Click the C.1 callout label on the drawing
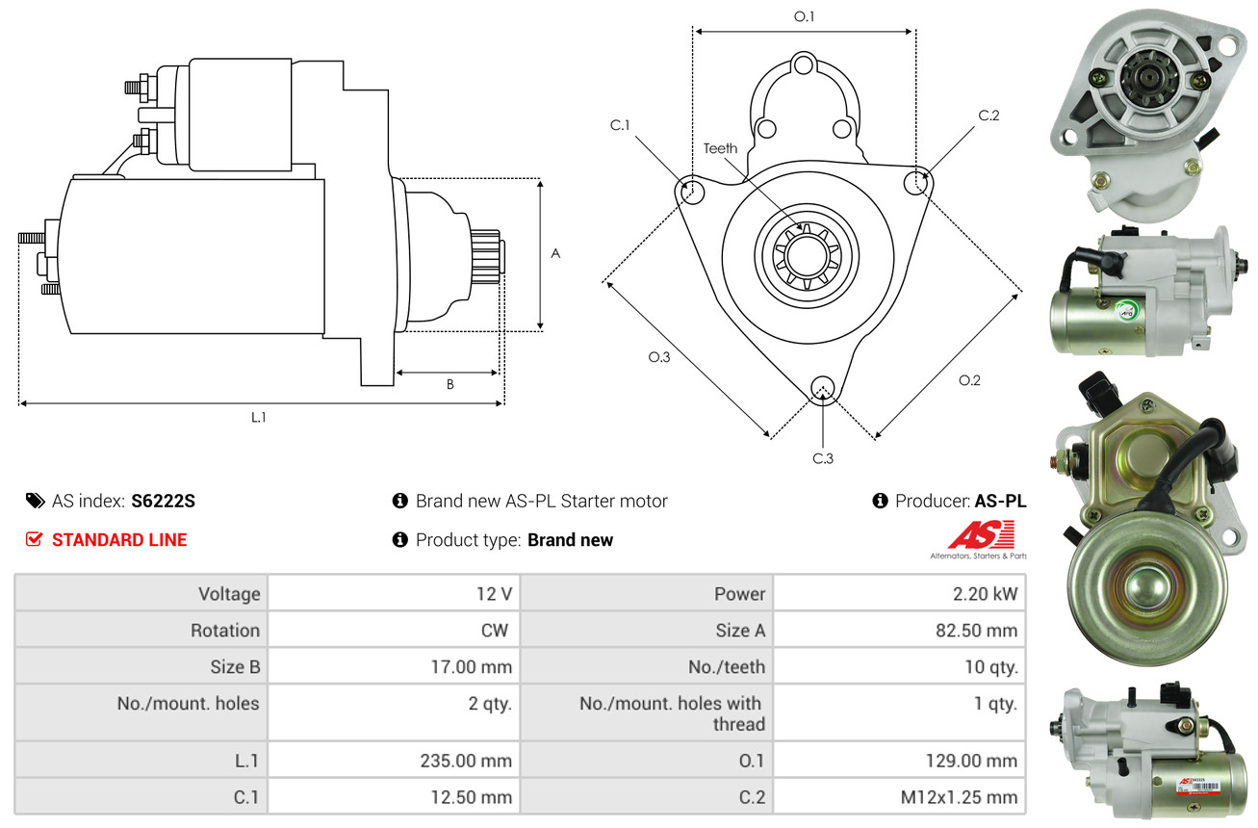(619, 125)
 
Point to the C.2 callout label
(988, 116)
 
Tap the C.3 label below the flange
(822, 458)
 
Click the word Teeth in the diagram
(720, 148)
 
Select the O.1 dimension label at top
(804, 16)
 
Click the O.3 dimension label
(658, 357)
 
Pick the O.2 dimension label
(969, 380)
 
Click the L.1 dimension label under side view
(259, 417)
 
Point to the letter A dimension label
(555, 253)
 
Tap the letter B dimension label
(449, 384)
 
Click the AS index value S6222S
(163, 501)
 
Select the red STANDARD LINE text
(119, 540)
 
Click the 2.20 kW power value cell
(985, 594)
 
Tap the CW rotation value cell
(495, 631)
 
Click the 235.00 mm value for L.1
(466, 761)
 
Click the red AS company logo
(981, 536)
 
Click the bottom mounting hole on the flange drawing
(822, 388)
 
